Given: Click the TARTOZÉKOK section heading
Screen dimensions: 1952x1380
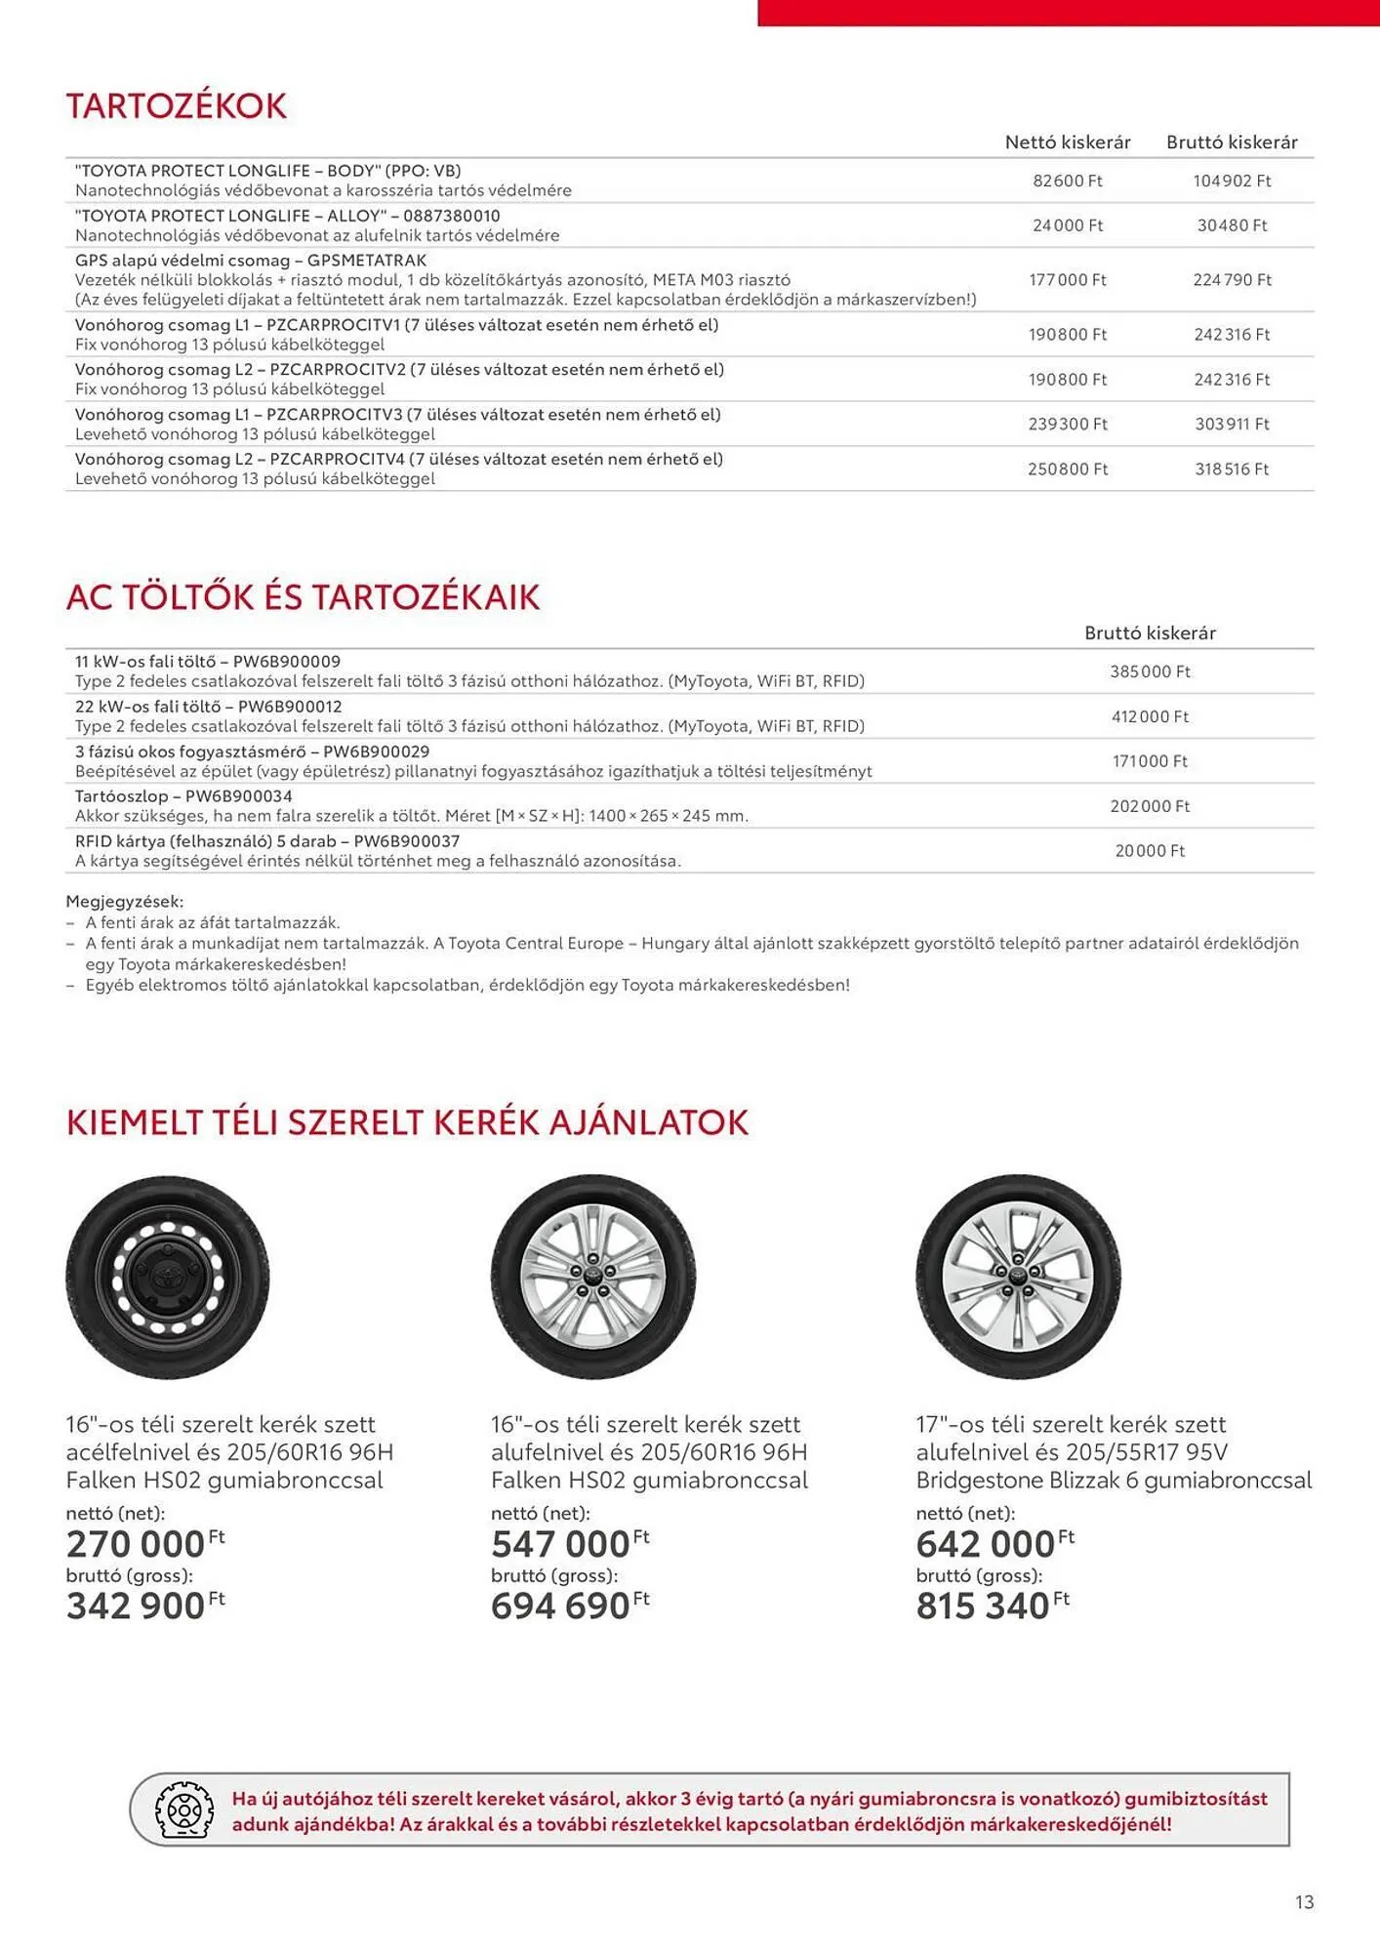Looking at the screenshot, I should click(177, 106).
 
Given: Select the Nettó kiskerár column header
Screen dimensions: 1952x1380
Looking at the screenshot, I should click(1068, 142).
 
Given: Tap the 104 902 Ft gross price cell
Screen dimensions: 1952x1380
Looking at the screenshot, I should click(1232, 181).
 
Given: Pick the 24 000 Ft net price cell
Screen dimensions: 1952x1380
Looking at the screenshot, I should click(1068, 225).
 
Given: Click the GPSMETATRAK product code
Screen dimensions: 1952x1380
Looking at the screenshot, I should click(367, 261).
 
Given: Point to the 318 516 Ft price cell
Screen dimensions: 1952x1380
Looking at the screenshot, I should click(1232, 469).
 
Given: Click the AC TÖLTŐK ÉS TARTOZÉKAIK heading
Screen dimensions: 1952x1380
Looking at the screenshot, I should click(303, 597).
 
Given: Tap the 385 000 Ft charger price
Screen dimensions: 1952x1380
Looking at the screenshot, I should click(1150, 671).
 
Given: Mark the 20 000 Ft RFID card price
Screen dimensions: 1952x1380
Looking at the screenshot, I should click(1150, 851).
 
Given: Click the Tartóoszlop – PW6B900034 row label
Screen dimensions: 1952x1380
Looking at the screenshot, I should click(183, 796).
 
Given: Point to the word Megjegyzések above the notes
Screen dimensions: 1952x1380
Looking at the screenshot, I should click(124, 902).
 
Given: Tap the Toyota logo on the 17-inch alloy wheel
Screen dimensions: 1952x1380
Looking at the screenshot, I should click(1018, 1276).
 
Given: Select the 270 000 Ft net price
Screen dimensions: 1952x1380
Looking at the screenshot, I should click(137, 1545).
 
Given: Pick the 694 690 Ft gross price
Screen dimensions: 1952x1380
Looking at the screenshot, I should click(561, 1606).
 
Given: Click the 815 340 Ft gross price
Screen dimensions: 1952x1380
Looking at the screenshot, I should click(984, 1606).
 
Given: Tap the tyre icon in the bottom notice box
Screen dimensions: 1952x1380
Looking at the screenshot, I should click(184, 1811).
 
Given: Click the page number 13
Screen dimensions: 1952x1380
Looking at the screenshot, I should click(1304, 1902).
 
